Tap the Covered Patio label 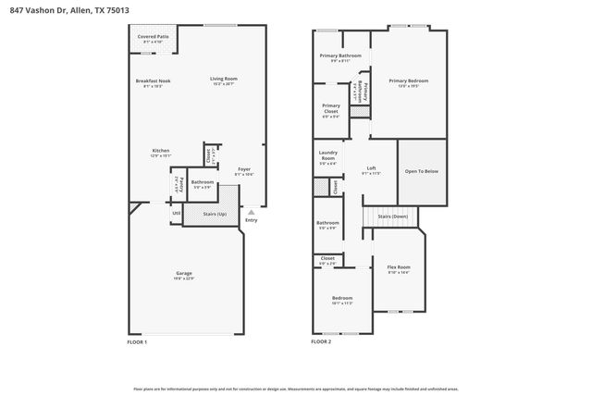point(153,37)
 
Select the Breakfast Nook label point(153,82)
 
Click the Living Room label point(223,80)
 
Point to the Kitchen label point(161,152)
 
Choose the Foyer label point(244,170)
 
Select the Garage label point(184,274)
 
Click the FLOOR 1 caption point(137,341)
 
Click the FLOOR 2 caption point(321,341)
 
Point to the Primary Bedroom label point(408,81)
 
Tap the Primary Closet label point(330,108)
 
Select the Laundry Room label point(327,155)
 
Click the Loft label point(371,168)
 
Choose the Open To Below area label point(422,171)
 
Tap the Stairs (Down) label point(392,216)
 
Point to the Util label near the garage point(176,215)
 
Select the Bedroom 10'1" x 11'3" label point(342,298)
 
